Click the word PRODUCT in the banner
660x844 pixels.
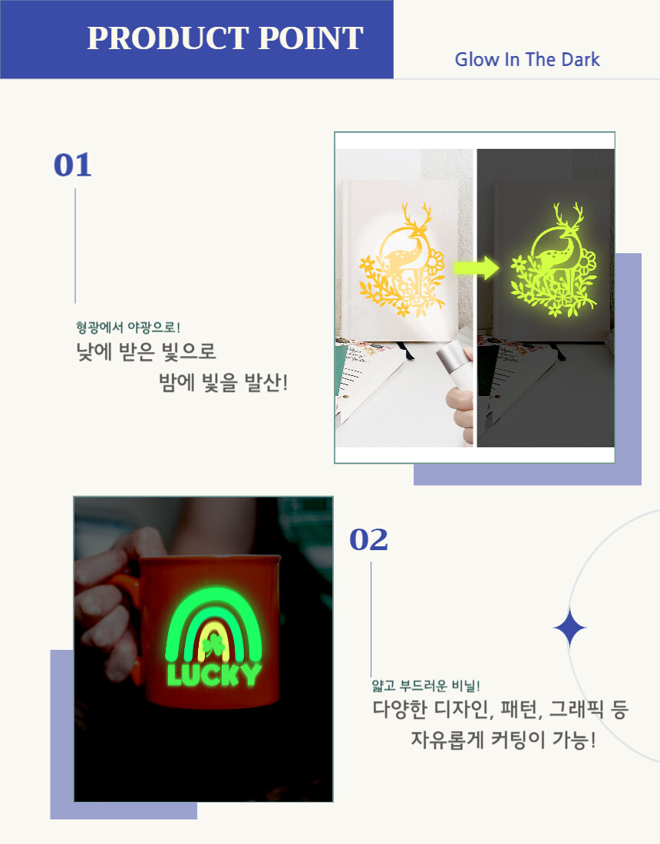[169, 38]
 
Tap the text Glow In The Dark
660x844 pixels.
[527, 59]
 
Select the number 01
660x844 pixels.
[72, 165]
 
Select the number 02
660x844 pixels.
[368, 539]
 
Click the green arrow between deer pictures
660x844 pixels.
[477, 268]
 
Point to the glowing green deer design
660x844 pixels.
[553, 259]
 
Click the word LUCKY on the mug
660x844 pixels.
[214, 675]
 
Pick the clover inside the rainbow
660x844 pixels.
[214, 645]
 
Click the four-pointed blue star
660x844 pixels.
[569, 628]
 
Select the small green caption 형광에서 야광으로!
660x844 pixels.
[128, 327]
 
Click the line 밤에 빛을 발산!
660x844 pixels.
[223, 383]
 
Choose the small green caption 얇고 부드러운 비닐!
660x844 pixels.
[426, 685]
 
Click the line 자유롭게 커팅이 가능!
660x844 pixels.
[503, 740]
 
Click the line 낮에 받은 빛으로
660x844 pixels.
[146, 351]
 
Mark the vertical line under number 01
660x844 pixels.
[75, 246]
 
